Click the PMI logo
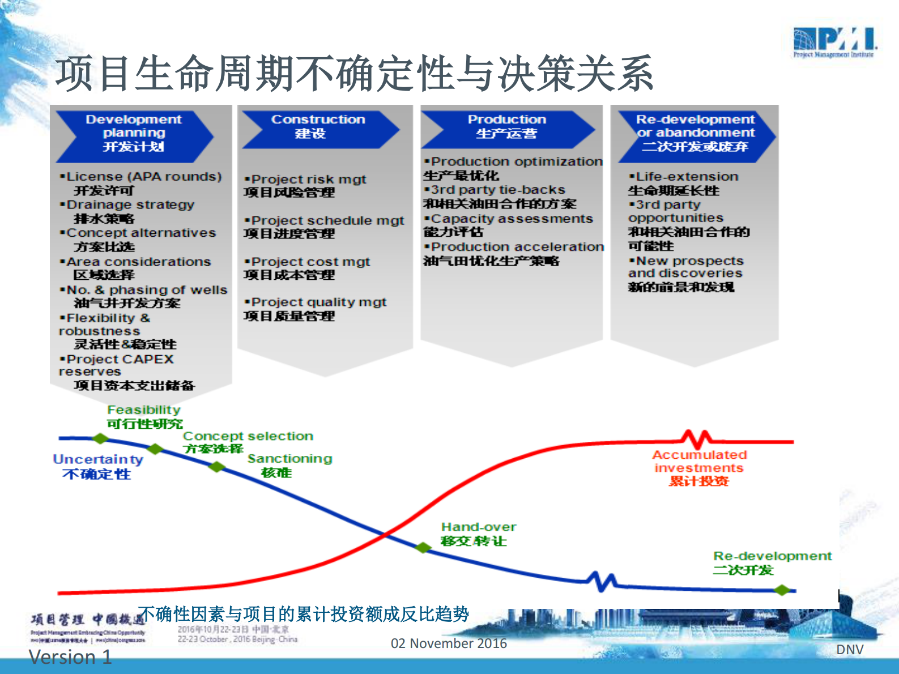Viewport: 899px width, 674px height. (x=834, y=42)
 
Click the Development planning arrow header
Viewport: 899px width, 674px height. (x=134, y=133)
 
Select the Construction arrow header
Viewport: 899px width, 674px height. (x=319, y=127)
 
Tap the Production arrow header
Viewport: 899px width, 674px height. (x=507, y=127)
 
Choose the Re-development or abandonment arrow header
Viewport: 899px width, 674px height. (x=696, y=133)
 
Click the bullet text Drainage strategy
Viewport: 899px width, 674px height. (x=130, y=204)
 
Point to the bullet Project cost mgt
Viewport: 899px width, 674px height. (x=310, y=262)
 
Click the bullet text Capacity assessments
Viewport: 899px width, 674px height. (x=512, y=219)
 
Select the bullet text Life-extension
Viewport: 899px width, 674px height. (x=687, y=177)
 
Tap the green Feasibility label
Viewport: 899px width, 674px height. (x=144, y=409)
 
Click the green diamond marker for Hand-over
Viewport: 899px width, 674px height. (x=423, y=548)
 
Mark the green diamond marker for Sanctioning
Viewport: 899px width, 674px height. (x=217, y=467)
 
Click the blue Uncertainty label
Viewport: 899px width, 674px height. (x=97, y=459)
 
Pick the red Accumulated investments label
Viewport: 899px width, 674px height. (x=699, y=461)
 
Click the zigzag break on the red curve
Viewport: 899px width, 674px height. (x=696, y=439)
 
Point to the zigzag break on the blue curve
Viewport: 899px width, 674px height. (x=601, y=581)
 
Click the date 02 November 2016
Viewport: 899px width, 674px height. (x=449, y=643)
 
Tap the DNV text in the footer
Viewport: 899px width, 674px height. (x=850, y=650)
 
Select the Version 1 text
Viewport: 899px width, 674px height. (x=70, y=657)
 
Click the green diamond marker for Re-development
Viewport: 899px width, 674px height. (x=782, y=590)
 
